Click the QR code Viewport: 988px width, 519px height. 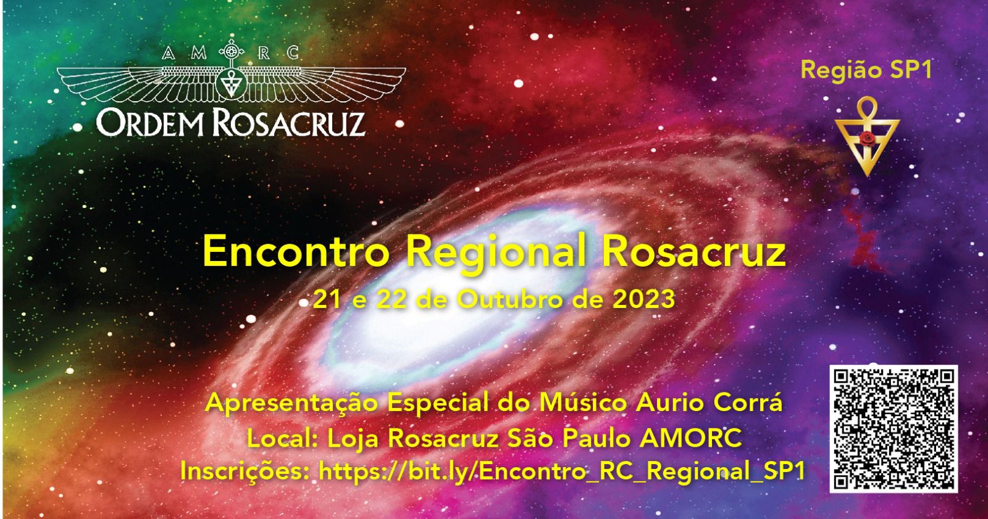pyautogui.click(x=893, y=429)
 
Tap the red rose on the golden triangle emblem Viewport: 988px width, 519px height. pyautogui.click(x=867, y=138)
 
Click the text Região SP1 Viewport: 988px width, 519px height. pyautogui.click(x=866, y=70)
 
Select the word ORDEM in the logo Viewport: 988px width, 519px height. pyautogui.click(x=151, y=123)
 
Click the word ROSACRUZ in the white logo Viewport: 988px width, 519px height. pyautogui.click(x=289, y=123)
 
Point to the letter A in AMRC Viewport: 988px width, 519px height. pyautogui.click(x=169, y=53)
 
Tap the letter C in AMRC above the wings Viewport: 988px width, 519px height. pyautogui.click(x=293, y=53)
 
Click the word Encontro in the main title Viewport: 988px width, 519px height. pyautogui.click(x=296, y=251)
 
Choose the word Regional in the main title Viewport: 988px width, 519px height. pyautogui.click(x=495, y=254)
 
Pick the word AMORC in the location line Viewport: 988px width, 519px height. pyautogui.click(x=691, y=438)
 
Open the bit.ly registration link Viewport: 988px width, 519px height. pyautogui.click(x=562, y=471)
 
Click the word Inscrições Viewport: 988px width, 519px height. pyautogui.click(x=245, y=471)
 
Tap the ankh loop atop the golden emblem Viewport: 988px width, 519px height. pyautogui.click(x=867, y=107)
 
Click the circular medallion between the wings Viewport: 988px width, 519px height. pyautogui.click(x=232, y=83)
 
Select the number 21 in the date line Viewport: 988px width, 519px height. pyautogui.click(x=327, y=299)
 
